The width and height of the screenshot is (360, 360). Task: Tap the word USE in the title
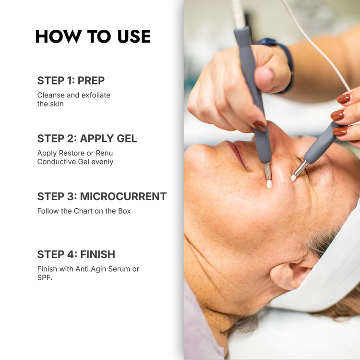134,36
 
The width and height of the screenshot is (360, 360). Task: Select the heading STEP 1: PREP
71,81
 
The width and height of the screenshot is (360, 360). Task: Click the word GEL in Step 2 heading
127,138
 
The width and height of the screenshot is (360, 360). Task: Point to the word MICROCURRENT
123,196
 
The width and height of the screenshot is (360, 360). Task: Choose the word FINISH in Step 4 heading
98,254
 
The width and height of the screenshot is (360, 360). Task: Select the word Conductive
57,162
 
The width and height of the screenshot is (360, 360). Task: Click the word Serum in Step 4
119,269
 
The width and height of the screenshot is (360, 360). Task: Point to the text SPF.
45,277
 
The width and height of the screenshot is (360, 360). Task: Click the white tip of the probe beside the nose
269,184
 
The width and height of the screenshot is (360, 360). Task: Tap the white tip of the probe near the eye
293,178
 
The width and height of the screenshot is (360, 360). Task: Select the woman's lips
239,154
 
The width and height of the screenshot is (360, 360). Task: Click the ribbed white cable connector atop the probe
239,14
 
